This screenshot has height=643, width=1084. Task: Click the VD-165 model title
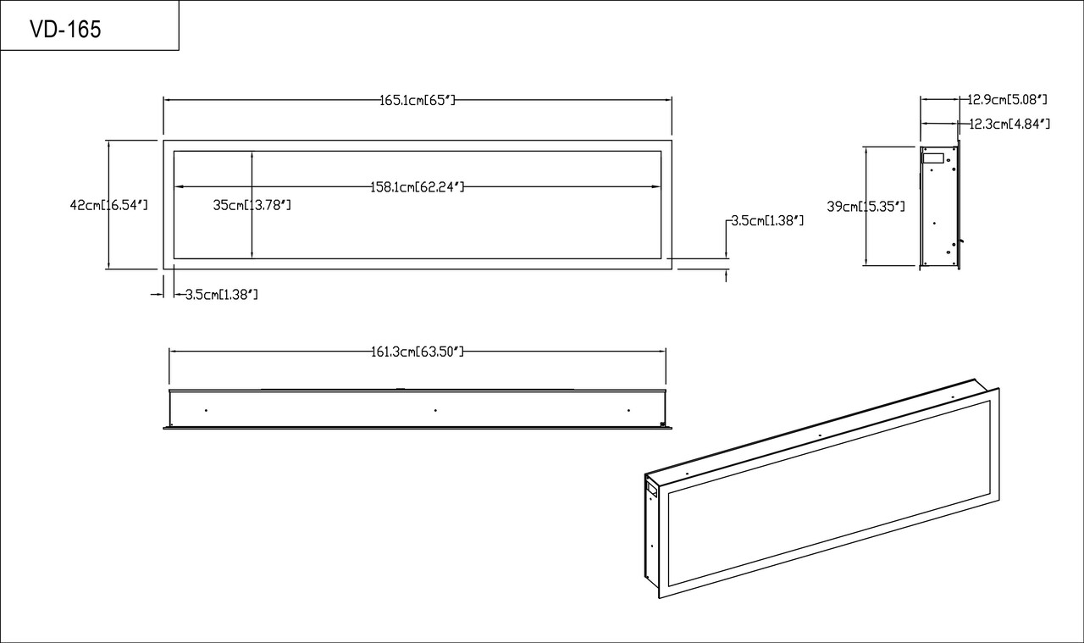tap(65, 30)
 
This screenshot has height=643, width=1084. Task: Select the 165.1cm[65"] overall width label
tap(418, 100)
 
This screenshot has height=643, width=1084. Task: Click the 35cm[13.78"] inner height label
tap(252, 204)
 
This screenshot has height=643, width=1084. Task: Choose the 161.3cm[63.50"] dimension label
tap(418, 352)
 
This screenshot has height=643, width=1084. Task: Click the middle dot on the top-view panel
tap(435, 410)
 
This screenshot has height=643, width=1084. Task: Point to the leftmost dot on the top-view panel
tap(206, 410)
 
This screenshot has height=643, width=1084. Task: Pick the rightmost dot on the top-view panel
tap(628, 410)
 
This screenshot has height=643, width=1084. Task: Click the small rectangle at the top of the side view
tap(933, 158)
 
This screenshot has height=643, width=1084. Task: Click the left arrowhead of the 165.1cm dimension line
tap(167, 100)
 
